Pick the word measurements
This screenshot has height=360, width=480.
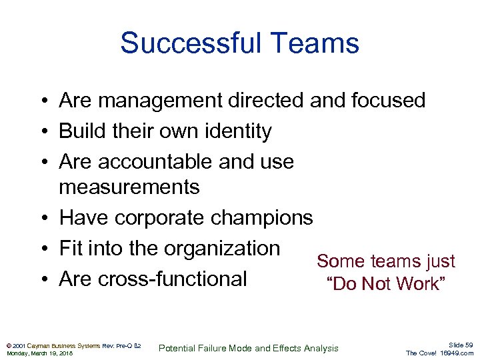129,187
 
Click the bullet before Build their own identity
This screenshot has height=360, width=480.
42,131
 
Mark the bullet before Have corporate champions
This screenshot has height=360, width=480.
42,217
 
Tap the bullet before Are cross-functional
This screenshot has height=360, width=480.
42,279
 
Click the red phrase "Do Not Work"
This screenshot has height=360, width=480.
385,284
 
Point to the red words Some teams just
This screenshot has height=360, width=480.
385,261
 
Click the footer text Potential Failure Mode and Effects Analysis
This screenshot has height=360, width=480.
249,348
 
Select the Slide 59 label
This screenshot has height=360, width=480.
459,344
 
